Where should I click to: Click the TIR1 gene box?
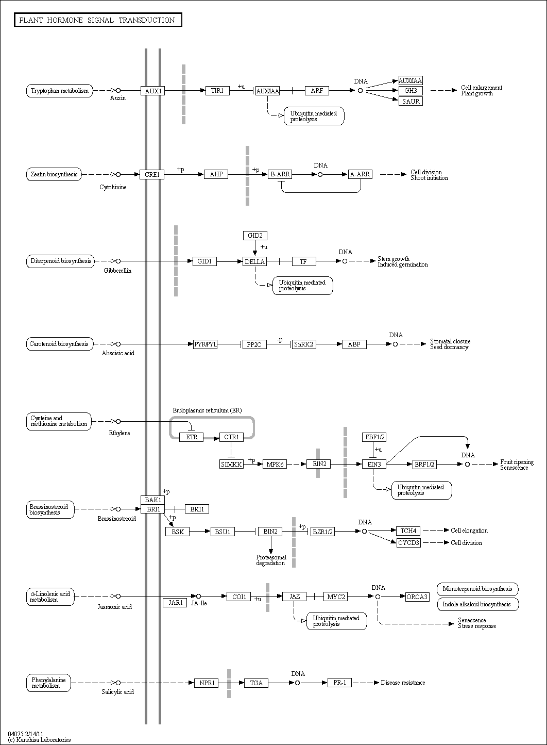click(217, 90)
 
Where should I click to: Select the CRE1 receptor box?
click(152, 174)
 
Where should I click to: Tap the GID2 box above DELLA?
click(255, 236)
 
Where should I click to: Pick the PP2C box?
click(254, 344)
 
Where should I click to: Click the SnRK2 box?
click(304, 344)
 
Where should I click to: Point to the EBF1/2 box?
click(374, 437)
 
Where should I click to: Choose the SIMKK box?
click(231, 464)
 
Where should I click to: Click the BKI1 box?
click(197, 509)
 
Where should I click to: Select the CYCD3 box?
click(408, 543)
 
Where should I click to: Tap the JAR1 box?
click(175, 603)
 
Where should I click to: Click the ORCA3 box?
click(417, 597)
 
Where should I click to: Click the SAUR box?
click(411, 101)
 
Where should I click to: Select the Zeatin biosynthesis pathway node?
click(54, 174)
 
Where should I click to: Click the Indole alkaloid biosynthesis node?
click(478, 604)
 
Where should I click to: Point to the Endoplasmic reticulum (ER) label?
click(208, 410)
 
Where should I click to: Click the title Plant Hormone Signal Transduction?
click(97, 20)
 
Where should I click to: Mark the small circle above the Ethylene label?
click(118, 421)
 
